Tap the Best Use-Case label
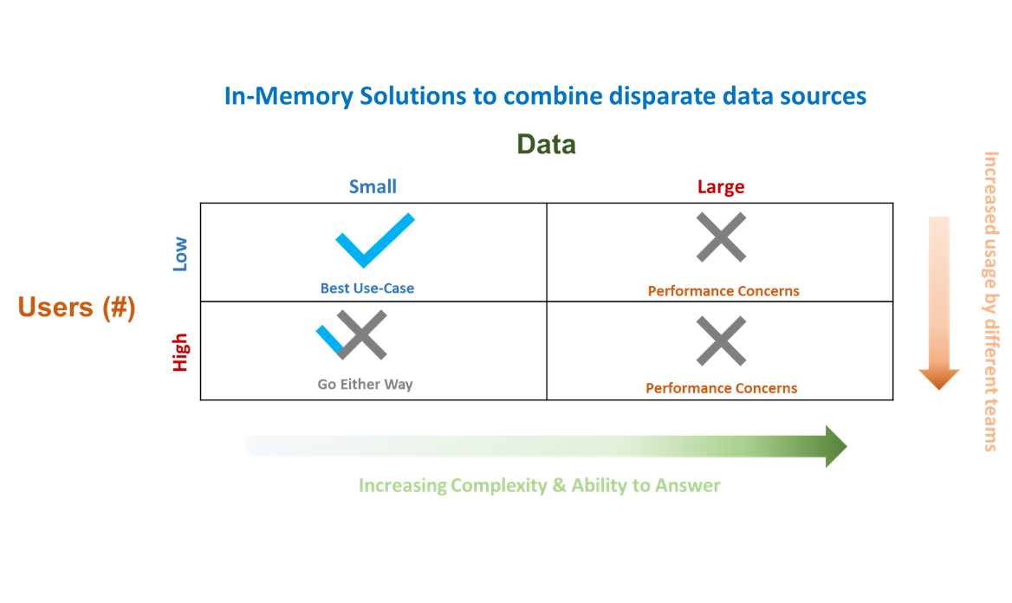(x=367, y=289)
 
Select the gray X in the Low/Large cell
(x=721, y=237)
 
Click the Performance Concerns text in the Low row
(x=723, y=291)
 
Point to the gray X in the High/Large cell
(x=721, y=340)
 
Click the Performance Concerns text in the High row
(x=721, y=388)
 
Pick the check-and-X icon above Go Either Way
(x=354, y=334)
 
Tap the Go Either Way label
(x=365, y=384)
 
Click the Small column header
(x=373, y=186)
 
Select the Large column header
(x=721, y=187)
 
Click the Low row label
(x=180, y=256)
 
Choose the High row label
(x=180, y=353)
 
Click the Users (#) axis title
(x=76, y=308)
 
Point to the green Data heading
(x=546, y=144)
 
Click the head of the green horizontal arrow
(x=834, y=447)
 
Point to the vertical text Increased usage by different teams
(x=990, y=301)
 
